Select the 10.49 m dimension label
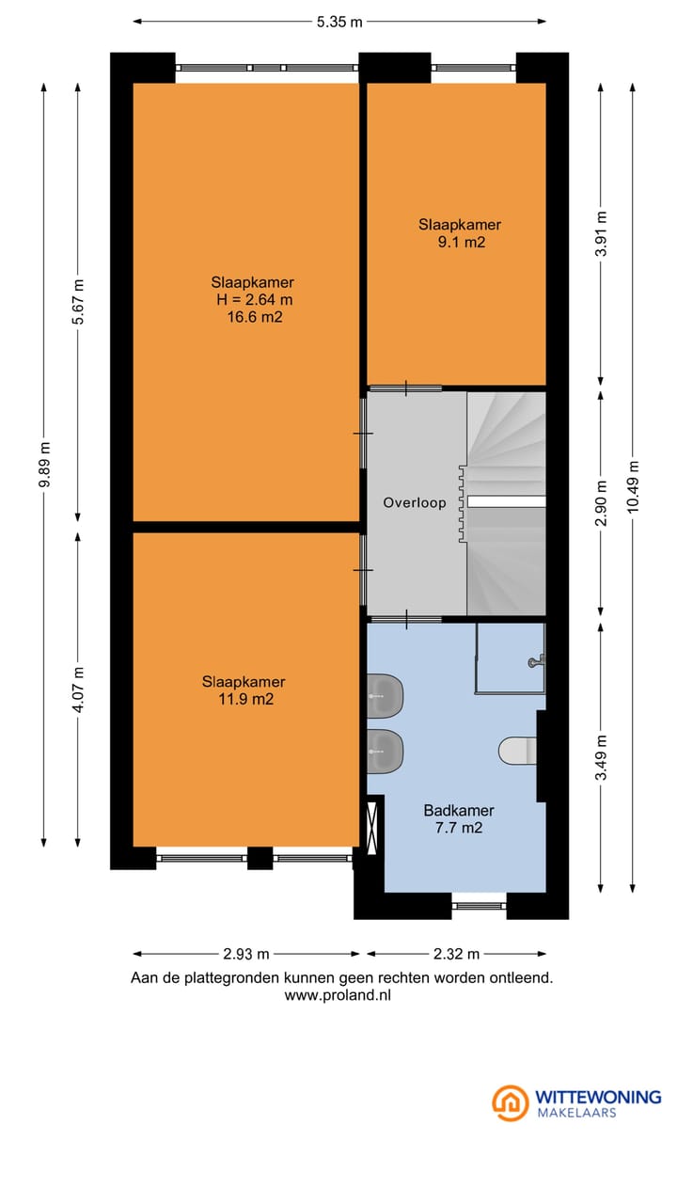tap(633, 484)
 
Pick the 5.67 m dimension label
tap(79, 302)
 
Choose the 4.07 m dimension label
tap(79, 689)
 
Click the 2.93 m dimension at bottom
tap(246, 954)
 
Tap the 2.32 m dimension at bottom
tap(456, 954)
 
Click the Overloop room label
tap(415, 503)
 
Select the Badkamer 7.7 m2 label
tap(459, 819)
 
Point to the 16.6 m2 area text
tap(253, 318)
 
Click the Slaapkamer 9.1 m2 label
tap(460, 233)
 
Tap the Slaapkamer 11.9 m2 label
tap(244, 690)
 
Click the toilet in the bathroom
tap(517, 751)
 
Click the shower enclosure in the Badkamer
tap(510, 658)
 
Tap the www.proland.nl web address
tap(337, 995)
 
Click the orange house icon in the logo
tap(511, 1102)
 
